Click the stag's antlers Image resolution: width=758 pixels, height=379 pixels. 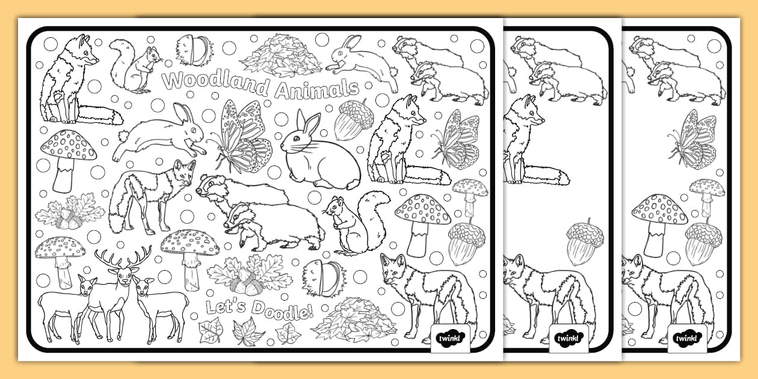tap(123, 259)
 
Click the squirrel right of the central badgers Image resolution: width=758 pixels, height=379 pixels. tap(356, 223)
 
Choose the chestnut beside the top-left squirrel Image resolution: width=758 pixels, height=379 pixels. tap(193, 50)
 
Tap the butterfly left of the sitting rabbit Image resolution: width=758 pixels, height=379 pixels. tap(241, 137)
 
